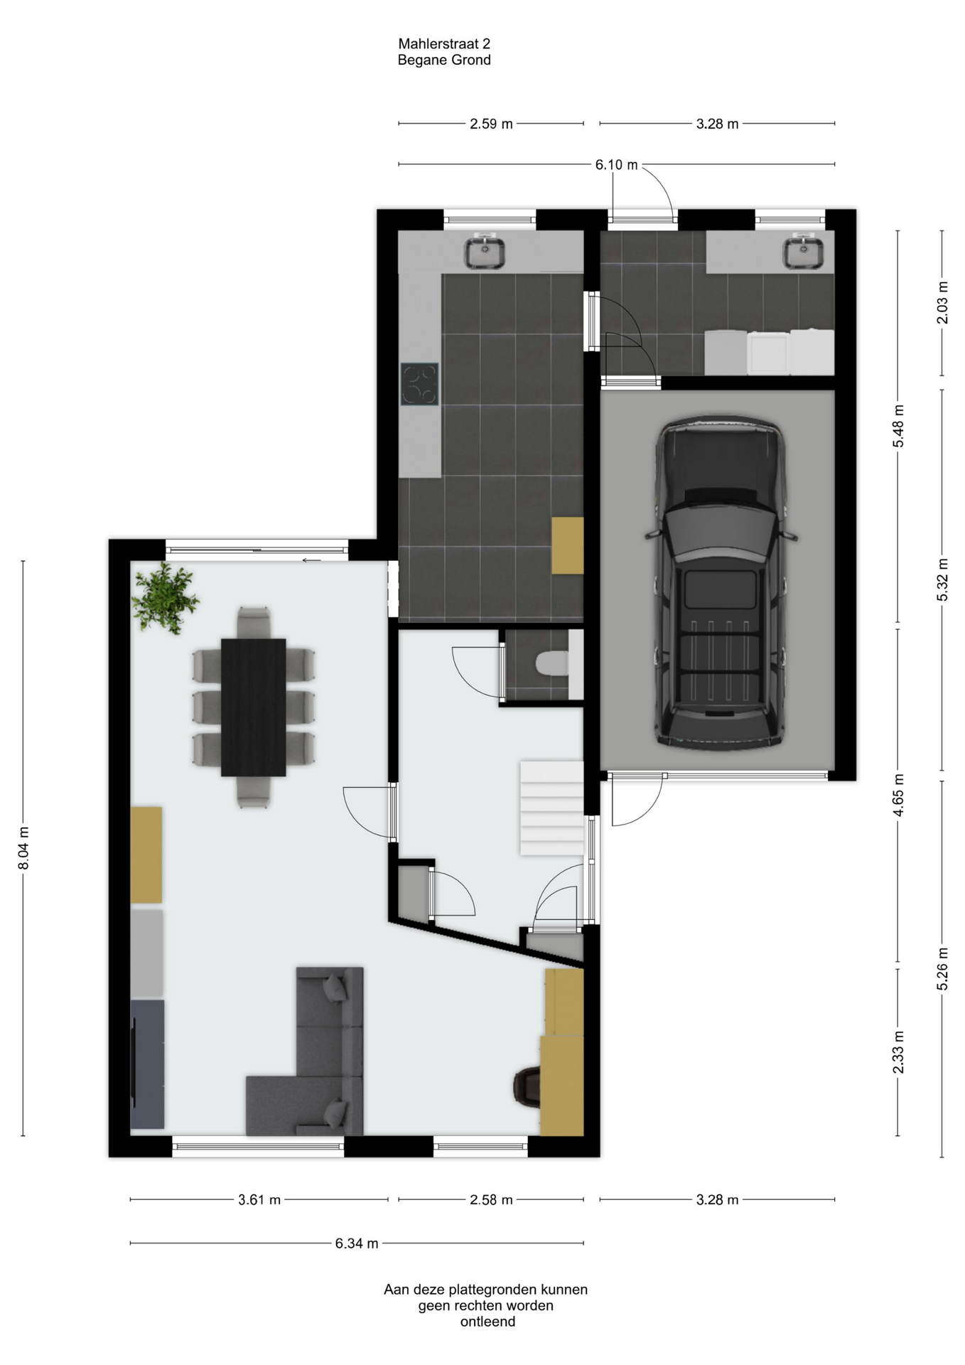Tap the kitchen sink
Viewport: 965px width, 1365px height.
485,252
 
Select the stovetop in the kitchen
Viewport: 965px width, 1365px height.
419,384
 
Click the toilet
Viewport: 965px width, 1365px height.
552,665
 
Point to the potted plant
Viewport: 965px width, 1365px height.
165,598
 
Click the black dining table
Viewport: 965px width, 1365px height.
254,707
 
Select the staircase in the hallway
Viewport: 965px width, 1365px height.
552,808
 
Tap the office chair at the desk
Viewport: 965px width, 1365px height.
527,1087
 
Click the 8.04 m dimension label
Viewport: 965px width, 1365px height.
24,847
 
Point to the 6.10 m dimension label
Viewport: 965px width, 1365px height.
617,165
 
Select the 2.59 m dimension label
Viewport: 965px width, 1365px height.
491,124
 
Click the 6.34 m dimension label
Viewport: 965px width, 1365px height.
357,1243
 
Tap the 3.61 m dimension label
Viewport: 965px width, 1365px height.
259,1200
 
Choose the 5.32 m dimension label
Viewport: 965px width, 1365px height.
943,579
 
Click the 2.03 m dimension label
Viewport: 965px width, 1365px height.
943,303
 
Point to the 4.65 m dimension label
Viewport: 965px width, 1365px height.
899,796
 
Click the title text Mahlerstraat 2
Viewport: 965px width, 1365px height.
444,44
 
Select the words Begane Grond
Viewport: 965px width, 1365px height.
444,60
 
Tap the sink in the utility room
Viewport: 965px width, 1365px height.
804,252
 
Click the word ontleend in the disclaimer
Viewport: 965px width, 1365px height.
487,1322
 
